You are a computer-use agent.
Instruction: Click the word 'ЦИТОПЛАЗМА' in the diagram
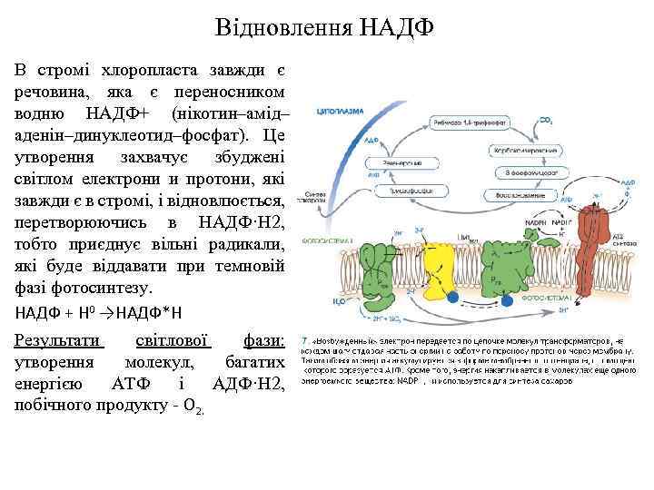pyautogui.click(x=340, y=112)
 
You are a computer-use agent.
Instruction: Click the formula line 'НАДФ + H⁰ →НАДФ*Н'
pyautogui.click(x=99, y=313)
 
